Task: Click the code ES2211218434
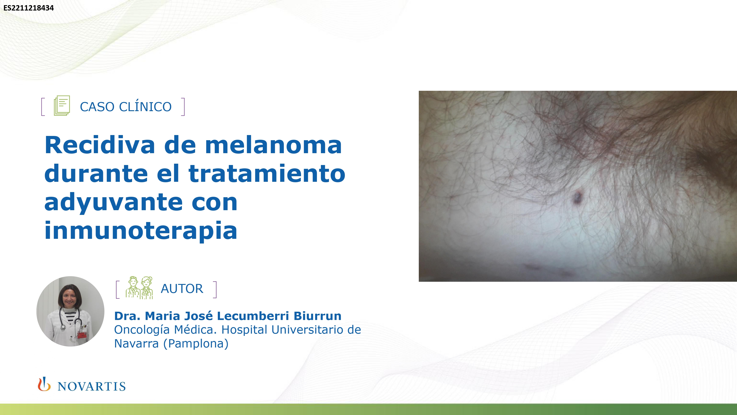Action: coord(29,8)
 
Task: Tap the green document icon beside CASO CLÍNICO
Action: coord(62,106)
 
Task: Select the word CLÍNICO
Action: coord(145,106)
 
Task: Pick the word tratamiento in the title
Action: coord(267,174)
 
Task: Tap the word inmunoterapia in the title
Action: coord(141,231)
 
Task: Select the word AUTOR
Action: coord(182,288)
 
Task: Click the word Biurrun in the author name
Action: coord(318,316)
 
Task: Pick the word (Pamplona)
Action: coord(196,343)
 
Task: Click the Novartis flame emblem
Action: coord(44,384)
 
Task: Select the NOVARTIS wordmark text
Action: coord(92,386)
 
